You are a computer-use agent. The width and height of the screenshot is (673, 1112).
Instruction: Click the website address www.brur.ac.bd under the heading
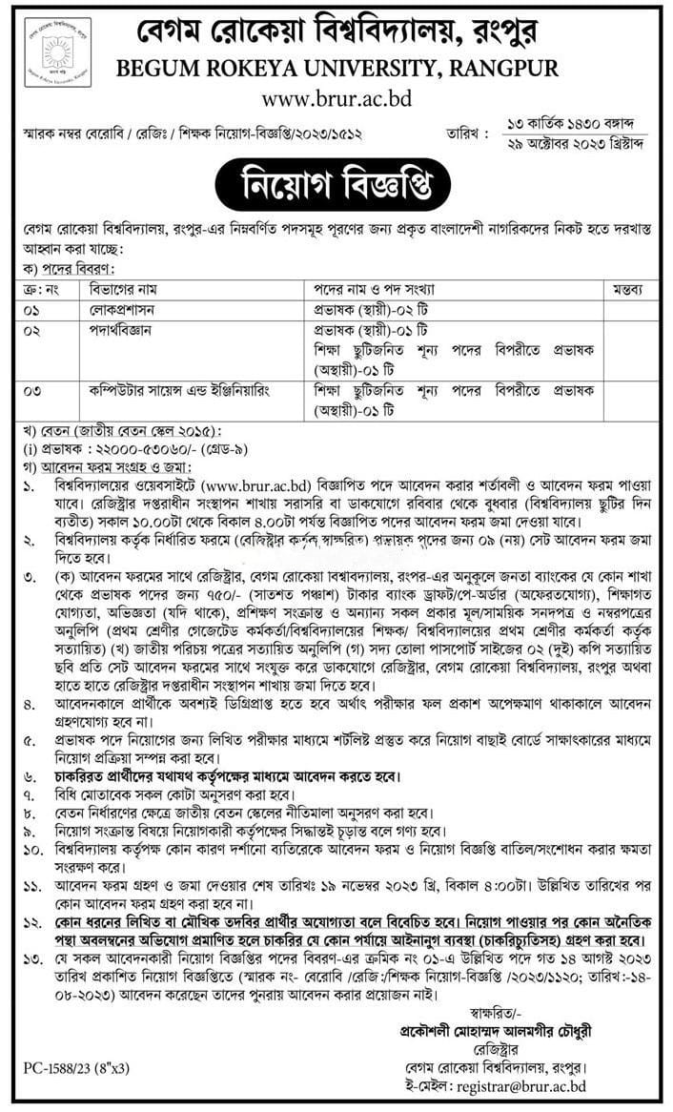point(336,97)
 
